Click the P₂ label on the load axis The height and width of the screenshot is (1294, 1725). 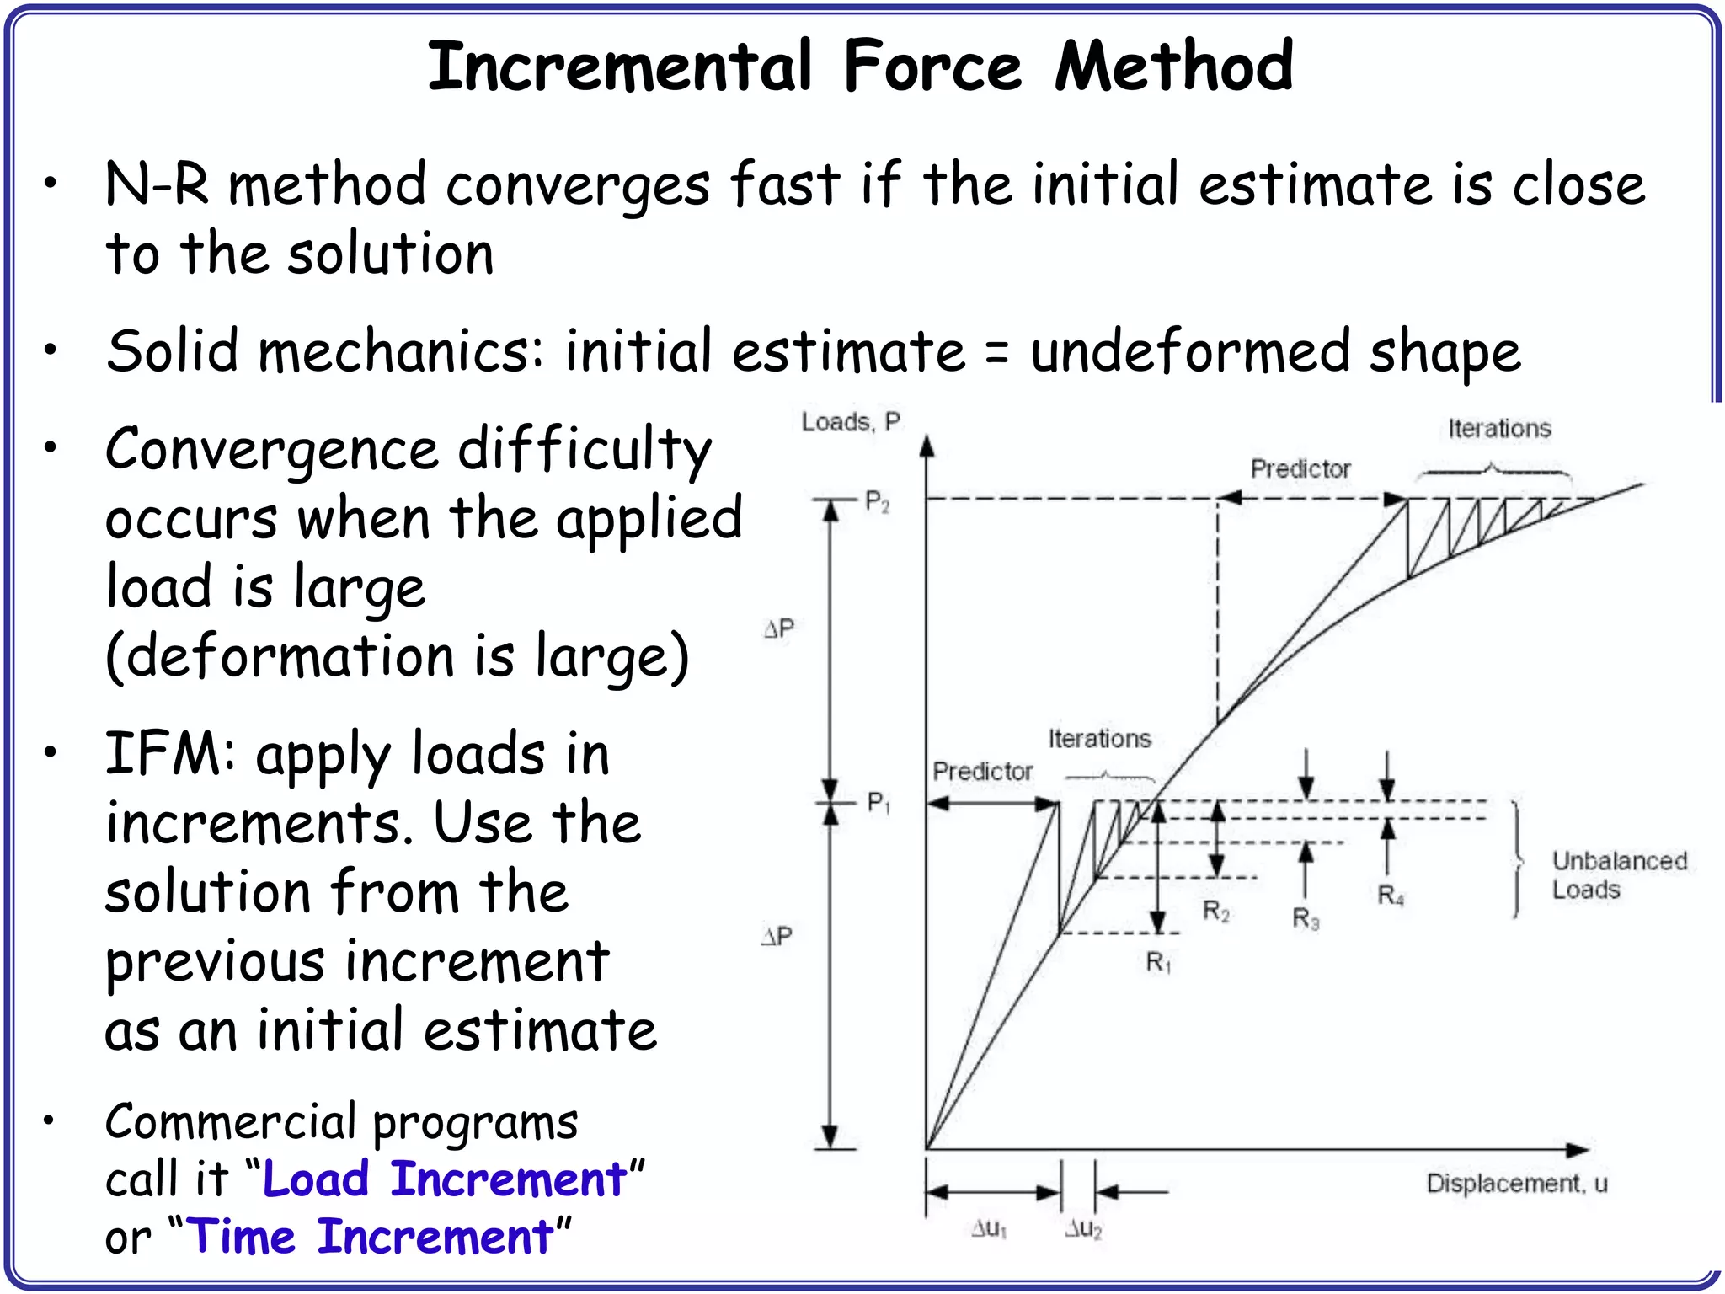click(x=877, y=502)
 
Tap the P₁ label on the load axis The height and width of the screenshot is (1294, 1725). click(x=879, y=803)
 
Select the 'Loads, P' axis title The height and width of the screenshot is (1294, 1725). click(x=851, y=421)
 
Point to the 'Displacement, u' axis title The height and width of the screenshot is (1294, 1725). click(x=1516, y=1184)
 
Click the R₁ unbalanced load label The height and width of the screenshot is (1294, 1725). click(x=1158, y=962)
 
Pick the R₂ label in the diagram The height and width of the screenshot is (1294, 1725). click(x=1215, y=911)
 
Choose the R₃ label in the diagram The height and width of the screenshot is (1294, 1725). click(x=1306, y=918)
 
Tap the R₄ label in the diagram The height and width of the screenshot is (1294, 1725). click(x=1391, y=896)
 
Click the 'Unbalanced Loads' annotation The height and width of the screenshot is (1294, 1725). click(x=1619, y=875)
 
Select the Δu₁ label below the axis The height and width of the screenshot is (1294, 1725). click(x=989, y=1229)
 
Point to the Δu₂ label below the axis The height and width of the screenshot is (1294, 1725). click(x=1083, y=1229)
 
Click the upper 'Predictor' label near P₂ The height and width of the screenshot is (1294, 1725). click(x=1300, y=468)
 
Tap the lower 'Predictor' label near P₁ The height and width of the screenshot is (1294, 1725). click(x=982, y=771)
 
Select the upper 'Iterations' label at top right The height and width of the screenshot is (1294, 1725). click(x=1499, y=429)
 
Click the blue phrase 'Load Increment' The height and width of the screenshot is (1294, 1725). click(x=445, y=1179)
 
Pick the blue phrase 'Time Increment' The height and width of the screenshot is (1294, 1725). click(x=370, y=1237)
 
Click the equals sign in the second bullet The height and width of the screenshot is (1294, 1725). click(x=996, y=352)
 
